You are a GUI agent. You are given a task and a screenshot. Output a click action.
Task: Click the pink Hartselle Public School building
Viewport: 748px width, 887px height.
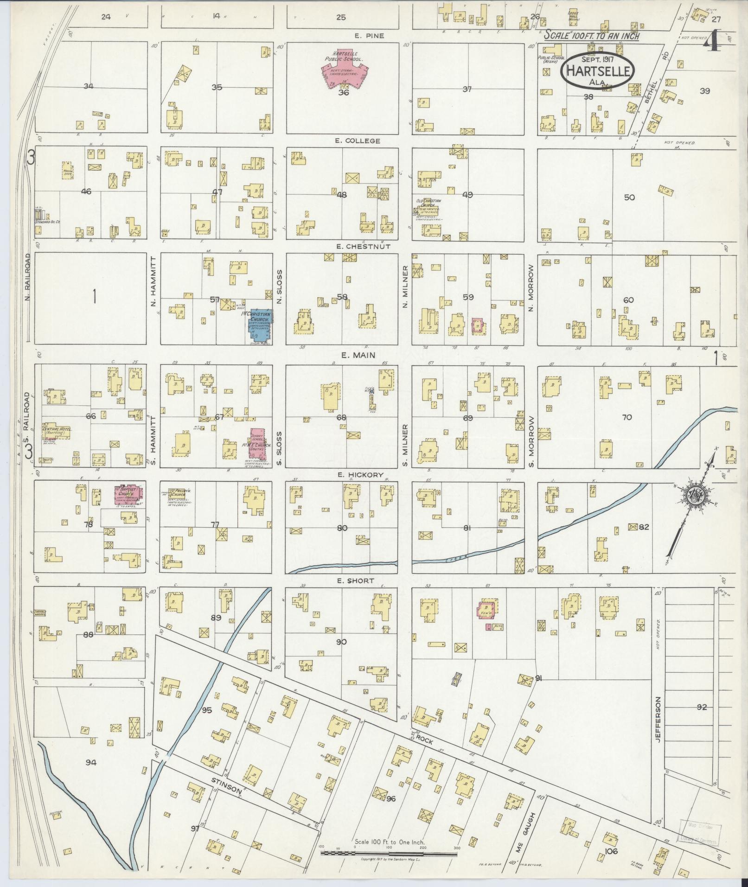tap(343, 70)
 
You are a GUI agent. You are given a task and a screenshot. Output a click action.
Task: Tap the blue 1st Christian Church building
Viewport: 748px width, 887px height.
tap(259, 325)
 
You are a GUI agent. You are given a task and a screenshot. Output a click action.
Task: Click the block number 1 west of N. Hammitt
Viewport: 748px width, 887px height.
tap(94, 296)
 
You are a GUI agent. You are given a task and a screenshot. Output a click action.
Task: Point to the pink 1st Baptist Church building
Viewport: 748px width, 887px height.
tap(128, 495)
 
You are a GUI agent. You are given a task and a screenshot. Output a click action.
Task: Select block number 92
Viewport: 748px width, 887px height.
tap(702, 720)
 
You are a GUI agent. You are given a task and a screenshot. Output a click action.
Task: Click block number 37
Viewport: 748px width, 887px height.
tap(467, 89)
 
